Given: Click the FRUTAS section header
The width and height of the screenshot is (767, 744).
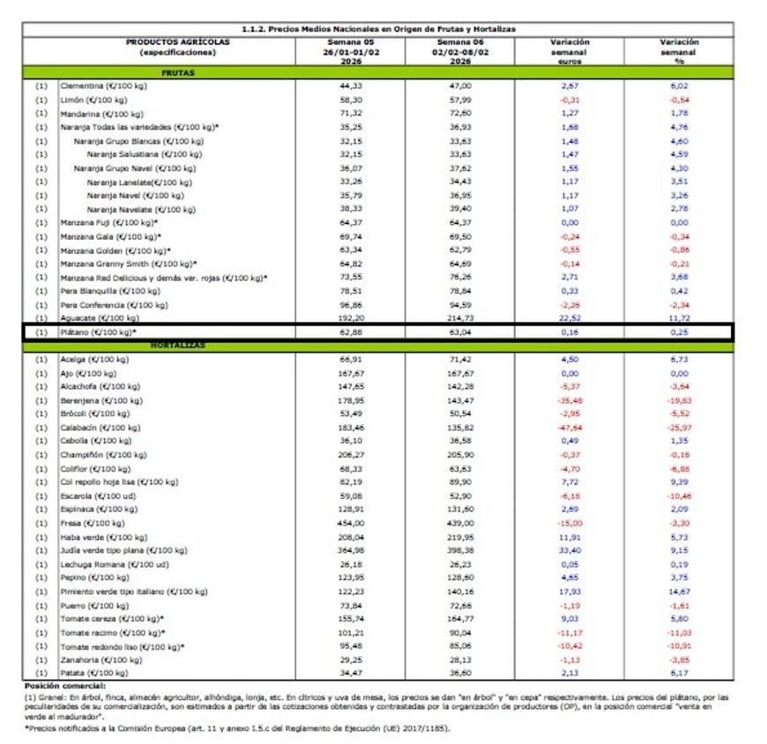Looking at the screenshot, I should pyautogui.click(x=178, y=73).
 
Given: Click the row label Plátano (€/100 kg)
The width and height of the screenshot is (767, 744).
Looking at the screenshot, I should pyautogui.click(x=98, y=332).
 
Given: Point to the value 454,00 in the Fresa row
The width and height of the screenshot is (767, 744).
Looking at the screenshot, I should pyautogui.click(x=350, y=523).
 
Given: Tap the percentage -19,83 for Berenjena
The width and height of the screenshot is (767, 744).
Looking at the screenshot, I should pyautogui.click(x=678, y=400).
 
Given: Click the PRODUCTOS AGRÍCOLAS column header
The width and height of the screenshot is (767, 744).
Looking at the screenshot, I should pyautogui.click(x=177, y=47).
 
